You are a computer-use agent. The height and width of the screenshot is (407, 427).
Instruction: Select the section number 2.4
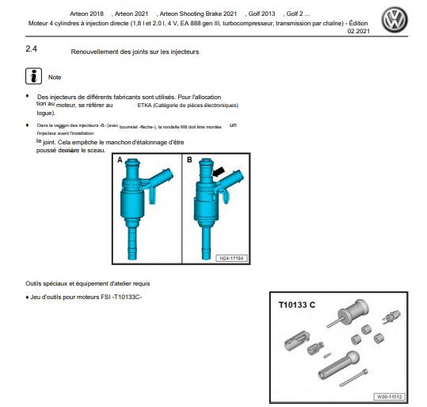pyautogui.click(x=33, y=50)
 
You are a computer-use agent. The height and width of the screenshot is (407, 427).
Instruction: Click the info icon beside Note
pyautogui.click(x=34, y=77)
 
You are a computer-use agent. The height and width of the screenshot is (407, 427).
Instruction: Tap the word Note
pyautogui.click(x=55, y=78)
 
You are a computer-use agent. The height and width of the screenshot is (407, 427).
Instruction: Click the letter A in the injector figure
pyautogui.click(x=120, y=160)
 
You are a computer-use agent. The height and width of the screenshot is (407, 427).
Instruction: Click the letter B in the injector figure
pyautogui.click(x=189, y=160)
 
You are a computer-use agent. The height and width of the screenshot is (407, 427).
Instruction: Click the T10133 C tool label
pyautogui.click(x=297, y=305)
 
